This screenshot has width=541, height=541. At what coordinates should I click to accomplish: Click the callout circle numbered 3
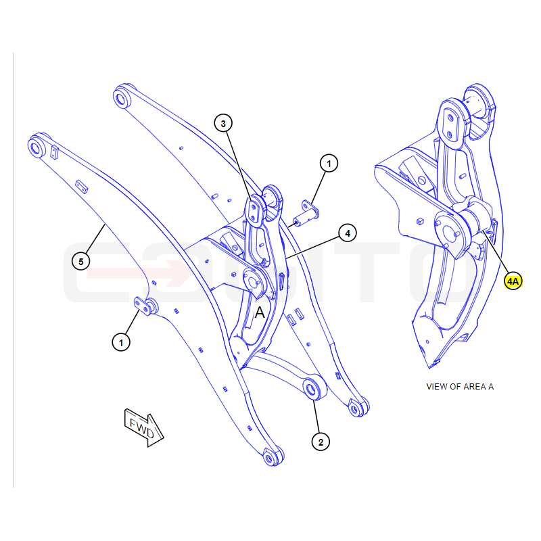[x=223, y=123]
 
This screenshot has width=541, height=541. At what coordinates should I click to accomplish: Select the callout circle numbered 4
[x=348, y=233]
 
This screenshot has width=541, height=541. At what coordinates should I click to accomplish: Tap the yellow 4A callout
[x=513, y=281]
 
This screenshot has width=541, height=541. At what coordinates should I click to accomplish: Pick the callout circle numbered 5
[x=80, y=262]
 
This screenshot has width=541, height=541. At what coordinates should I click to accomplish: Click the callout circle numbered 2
[x=321, y=442]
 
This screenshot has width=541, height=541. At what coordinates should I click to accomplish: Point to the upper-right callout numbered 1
[x=329, y=163]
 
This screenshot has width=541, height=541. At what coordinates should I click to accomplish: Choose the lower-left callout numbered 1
[x=121, y=343]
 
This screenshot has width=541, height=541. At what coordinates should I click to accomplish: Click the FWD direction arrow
[x=143, y=427]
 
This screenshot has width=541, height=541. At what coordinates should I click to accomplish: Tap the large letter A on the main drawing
[x=260, y=312]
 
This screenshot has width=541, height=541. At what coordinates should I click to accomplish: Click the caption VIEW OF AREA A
[x=460, y=387]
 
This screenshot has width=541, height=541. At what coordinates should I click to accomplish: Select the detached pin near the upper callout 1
[x=306, y=214]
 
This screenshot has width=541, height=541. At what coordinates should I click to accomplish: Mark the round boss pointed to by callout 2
[x=314, y=389]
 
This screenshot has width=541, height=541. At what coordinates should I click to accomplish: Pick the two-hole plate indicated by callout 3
[x=254, y=210]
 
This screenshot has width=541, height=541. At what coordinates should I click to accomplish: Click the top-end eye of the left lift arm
[x=37, y=147]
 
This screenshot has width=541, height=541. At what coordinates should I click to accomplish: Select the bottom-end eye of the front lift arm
[x=273, y=457]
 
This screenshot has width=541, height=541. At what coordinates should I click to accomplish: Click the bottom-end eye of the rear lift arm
[x=358, y=408]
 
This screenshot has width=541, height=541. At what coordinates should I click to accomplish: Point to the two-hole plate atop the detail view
[x=450, y=124]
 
